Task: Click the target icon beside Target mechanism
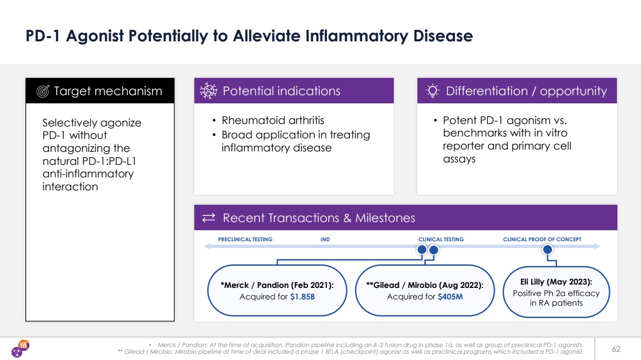tap(43, 91)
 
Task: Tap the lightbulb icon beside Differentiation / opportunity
tap(432, 91)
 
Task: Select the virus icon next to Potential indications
tap(208, 91)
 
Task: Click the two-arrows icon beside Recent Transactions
tap(208, 218)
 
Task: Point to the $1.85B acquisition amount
tap(302, 297)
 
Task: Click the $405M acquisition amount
tap(450, 297)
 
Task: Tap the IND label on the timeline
tap(325, 239)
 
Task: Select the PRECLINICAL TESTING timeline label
tap(245, 239)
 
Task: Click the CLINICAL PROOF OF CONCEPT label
tap(542, 239)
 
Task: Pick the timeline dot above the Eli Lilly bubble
tap(547, 249)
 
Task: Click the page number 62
tap(616, 349)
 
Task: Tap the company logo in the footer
tap(20, 348)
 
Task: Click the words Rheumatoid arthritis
tap(273, 120)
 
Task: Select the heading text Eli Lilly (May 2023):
tap(556, 282)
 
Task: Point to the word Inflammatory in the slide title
tap(356, 36)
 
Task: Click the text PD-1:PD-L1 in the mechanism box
tap(109, 161)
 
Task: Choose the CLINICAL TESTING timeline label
tap(441, 239)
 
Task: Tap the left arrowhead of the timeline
tap(207, 246)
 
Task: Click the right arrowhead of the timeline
tap(597, 246)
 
